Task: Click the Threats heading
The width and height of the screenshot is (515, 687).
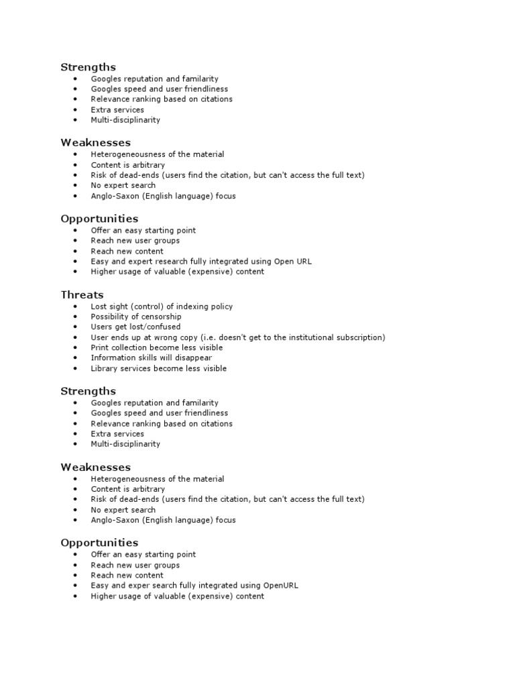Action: pyautogui.click(x=82, y=295)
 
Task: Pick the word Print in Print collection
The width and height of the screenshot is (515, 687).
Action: pyautogui.click(x=100, y=348)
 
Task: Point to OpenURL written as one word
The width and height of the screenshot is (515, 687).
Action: pyautogui.click(x=282, y=585)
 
